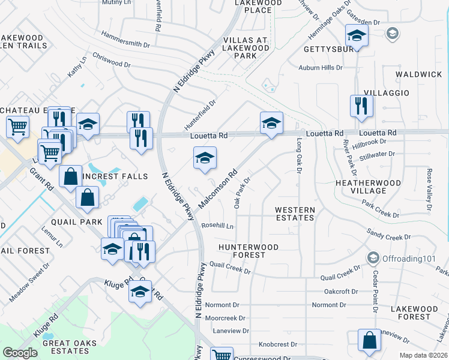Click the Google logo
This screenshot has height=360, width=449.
coord(20,353)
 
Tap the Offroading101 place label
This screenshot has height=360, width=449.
coord(402,258)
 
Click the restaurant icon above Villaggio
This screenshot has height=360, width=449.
coord(361,106)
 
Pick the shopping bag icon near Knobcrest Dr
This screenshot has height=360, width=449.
coord(369,340)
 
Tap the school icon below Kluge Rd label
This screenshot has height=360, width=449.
coord(140,293)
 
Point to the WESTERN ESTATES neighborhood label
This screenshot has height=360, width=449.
coord(295,214)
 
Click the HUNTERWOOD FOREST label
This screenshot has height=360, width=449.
coord(249,251)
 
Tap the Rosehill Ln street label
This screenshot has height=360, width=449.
coord(218,226)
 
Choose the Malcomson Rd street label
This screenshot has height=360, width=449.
coord(218,188)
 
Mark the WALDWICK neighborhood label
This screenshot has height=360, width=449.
coord(418,74)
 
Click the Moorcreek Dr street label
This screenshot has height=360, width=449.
coord(225,318)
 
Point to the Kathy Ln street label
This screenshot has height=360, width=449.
coord(77,67)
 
